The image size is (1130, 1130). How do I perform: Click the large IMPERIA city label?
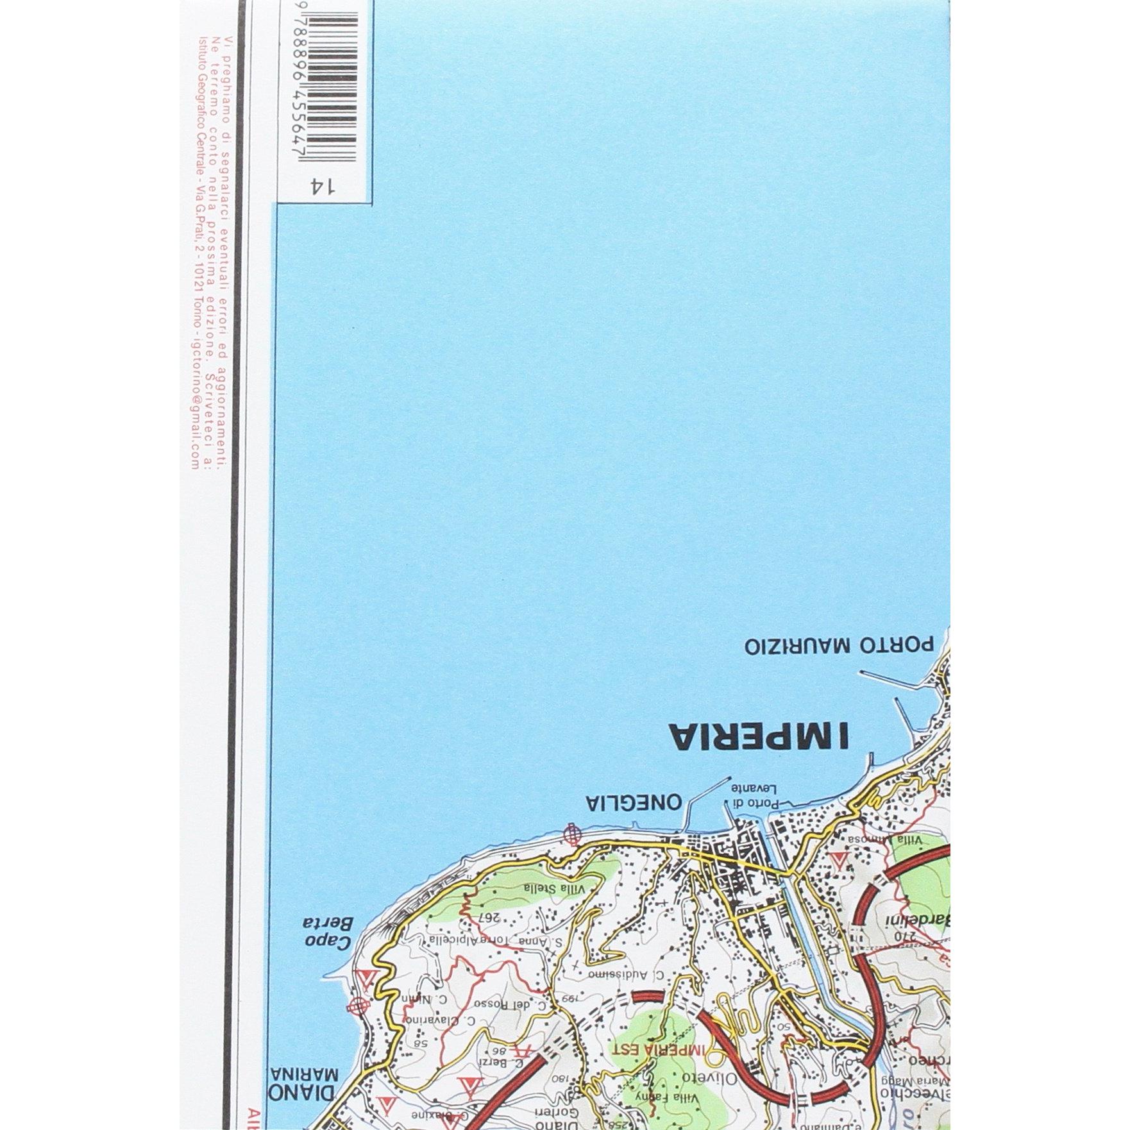(x=758, y=736)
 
